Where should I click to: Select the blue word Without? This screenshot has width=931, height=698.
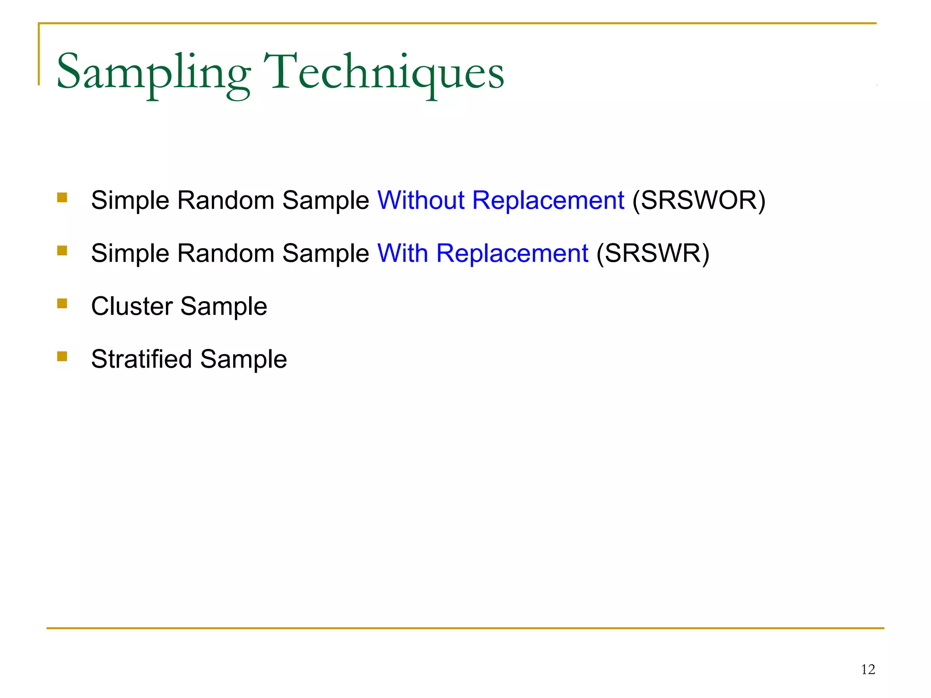click(x=421, y=200)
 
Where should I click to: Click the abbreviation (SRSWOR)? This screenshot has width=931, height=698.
click(x=699, y=200)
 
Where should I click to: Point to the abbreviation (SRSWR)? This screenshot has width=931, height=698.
click(x=652, y=253)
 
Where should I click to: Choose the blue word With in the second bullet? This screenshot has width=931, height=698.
click(x=402, y=253)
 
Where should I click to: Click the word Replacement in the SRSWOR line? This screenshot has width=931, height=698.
click(x=548, y=200)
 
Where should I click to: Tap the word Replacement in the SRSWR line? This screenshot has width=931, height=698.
click(x=512, y=253)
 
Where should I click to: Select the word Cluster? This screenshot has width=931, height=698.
click(x=132, y=306)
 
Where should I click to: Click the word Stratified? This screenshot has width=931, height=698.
click(x=141, y=359)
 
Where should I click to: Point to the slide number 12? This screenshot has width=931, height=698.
click(x=868, y=669)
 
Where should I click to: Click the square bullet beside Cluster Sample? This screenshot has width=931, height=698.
click(x=62, y=304)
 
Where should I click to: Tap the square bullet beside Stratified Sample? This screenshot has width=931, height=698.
click(x=62, y=356)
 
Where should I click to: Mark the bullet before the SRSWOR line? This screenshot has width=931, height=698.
click(x=62, y=197)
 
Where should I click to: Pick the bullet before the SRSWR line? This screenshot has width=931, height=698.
click(x=62, y=250)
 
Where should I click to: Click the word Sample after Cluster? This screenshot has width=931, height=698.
click(x=224, y=307)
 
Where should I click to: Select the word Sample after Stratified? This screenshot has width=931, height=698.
click(x=243, y=359)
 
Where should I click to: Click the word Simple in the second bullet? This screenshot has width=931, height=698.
click(x=130, y=254)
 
